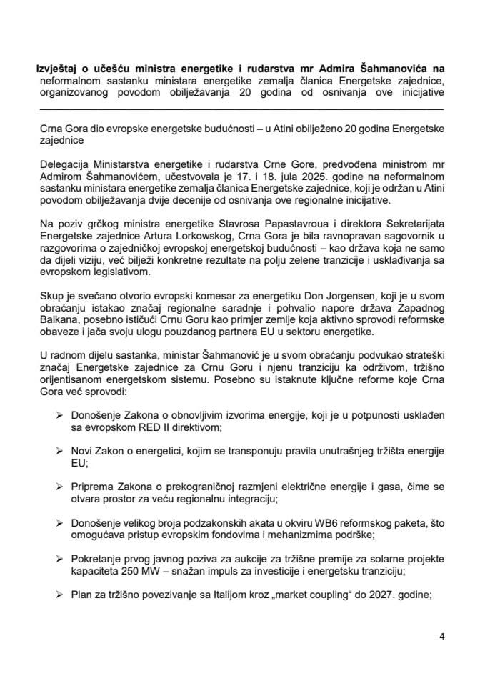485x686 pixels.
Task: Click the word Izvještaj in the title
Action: (58, 69)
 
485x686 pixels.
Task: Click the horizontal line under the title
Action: (241, 109)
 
